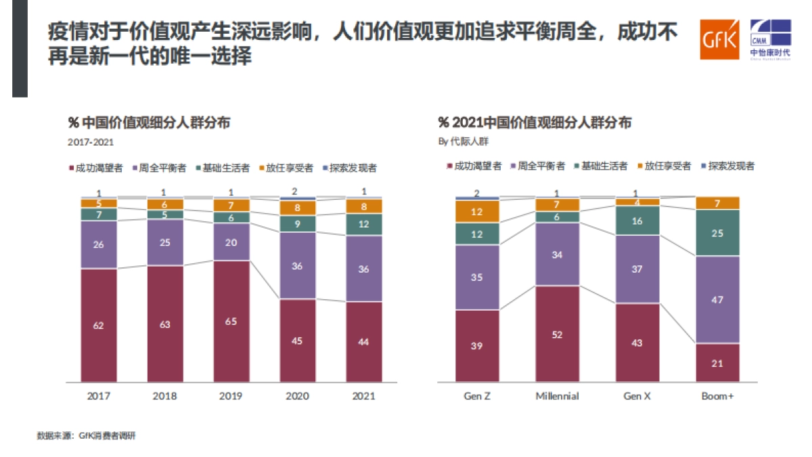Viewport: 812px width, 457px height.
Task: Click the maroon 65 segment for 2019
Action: (x=231, y=322)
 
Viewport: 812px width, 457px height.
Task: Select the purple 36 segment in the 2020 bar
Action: (x=297, y=265)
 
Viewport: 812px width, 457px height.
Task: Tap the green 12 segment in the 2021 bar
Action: (x=364, y=224)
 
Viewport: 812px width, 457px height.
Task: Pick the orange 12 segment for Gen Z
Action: (x=477, y=212)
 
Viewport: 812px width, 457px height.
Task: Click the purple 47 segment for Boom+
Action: (x=717, y=300)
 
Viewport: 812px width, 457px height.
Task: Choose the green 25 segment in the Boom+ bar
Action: (x=717, y=233)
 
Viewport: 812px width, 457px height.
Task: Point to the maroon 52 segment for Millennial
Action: (x=557, y=334)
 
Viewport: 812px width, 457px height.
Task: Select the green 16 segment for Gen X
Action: (x=637, y=221)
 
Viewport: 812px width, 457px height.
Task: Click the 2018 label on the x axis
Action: (x=164, y=396)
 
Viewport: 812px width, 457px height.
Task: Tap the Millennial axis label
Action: (x=557, y=396)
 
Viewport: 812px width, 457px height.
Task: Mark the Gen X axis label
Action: (x=637, y=396)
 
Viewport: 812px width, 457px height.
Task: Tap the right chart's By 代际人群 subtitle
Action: (x=463, y=142)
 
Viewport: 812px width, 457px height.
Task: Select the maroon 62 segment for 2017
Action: (x=99, y=325)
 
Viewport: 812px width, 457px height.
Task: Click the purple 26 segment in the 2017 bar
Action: (x=99, y=244)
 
